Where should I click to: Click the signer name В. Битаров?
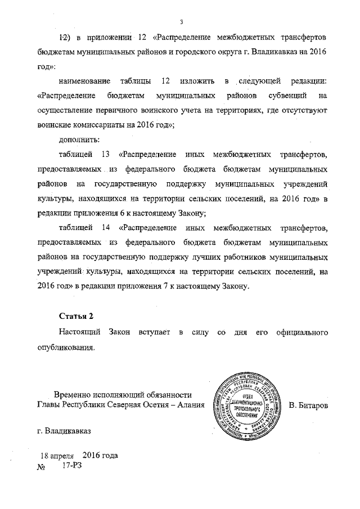(308, 406)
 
